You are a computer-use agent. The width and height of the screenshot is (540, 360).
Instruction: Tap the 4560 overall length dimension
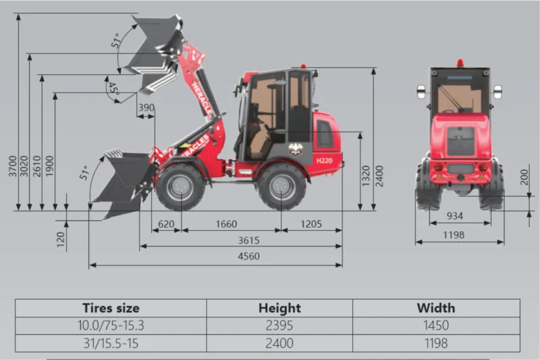[x=249, y=257]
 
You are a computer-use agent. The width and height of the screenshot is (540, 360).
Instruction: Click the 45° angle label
[x=112, y=88]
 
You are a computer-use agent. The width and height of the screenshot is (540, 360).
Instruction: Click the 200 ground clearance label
[x=524, y=177]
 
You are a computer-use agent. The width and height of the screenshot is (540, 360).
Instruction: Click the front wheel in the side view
[x=180, y=186]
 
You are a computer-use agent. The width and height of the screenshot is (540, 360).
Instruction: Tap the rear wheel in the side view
[x=282, y=186]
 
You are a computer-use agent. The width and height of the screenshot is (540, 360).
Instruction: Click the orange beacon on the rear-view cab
[x=460, y=62]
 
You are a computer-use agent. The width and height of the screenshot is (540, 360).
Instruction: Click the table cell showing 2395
[x=279, y=326]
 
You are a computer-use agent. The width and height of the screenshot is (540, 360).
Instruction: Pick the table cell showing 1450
[x=435, y=326]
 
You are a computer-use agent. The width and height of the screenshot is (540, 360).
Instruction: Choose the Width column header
[x=435, y=308]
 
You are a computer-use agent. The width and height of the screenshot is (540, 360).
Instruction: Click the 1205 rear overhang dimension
[x=311, y=224]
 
